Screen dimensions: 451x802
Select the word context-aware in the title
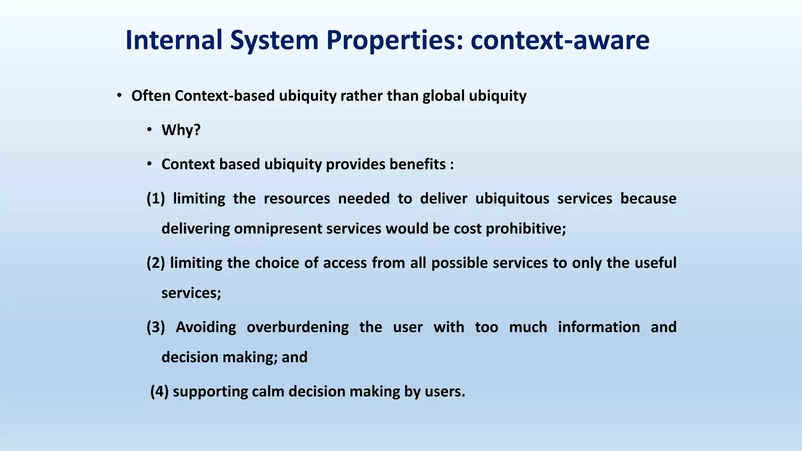pos(560,40)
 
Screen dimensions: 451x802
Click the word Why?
pos(181,130)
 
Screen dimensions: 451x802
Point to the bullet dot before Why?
pos(149,130)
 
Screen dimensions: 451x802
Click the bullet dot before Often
pos(119,96)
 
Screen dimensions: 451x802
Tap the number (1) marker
pos(155,198)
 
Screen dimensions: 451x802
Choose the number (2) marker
pos(155,263)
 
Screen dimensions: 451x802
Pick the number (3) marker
pos(155,327)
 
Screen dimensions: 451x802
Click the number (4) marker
pos(159,391)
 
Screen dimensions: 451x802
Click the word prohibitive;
pos(526,229)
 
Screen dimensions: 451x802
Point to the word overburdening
pos(298,327)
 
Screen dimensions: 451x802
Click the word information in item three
pos(599,327)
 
